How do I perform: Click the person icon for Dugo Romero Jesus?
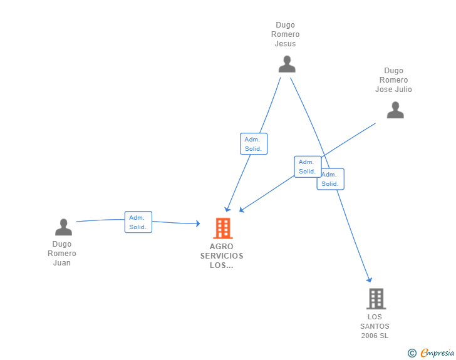[x=287, y=64]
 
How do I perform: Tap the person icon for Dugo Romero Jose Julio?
[x=395, y=110]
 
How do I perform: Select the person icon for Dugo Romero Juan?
[x=63, y=227]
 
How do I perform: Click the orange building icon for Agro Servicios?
[x=222, y=229]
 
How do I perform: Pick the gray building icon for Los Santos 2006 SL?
[x=376, y=299]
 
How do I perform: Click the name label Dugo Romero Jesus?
[x=286, y=34]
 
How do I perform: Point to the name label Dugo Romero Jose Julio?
[x=394, y=80]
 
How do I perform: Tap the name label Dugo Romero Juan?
[x=62, y=254]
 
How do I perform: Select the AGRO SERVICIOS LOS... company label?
[x=222, y=255]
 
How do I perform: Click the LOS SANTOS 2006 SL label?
[x=375, y=326]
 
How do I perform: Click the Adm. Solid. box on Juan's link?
[x=138, y=222]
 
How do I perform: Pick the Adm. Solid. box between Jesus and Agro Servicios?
[x=254, y=143]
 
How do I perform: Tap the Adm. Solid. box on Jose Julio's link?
[x=308, y=167]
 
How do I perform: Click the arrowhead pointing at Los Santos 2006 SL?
[x=370, y=279]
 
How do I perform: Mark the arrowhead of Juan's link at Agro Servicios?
[x=197, y=224]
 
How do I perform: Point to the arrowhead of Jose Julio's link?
[x=242, y=210]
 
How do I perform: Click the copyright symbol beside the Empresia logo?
[x=412, y=353]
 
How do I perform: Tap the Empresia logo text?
[x=437, y=353]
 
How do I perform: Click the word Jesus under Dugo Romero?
[x=286, y=44]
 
